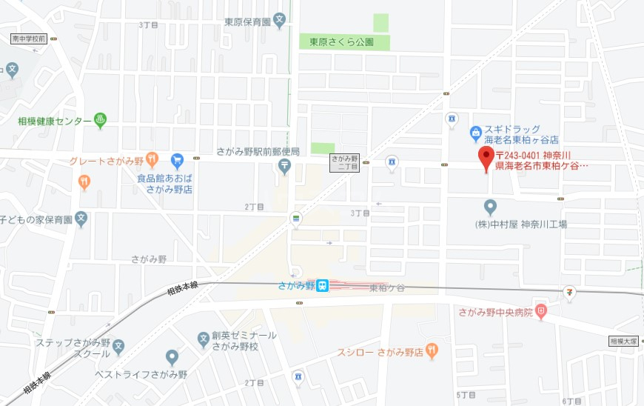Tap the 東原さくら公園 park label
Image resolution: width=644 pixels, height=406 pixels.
click(342, 42)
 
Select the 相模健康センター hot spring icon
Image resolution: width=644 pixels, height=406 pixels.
click(100, 120)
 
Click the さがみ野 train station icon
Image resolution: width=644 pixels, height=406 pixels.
click(322, 286)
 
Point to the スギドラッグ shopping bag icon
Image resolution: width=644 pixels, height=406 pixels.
click(476, 134)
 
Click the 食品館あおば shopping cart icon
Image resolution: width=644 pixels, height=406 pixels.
click(177, 159)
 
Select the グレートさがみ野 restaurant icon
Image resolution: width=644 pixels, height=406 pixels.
click(152, 159)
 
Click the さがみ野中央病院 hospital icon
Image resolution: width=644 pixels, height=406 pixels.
click(541, 312)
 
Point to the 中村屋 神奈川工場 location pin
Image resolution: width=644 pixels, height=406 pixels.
click(490, 207)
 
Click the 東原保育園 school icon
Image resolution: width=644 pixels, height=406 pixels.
click(280, 21)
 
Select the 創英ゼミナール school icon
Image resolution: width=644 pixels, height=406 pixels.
click(203, 340)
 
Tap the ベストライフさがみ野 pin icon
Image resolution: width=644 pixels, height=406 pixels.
click(172, 358)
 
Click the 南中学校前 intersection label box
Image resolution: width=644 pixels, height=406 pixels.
click(29, 39)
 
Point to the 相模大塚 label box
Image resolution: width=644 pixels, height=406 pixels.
click(623, 342)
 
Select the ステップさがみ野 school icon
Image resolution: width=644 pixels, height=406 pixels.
click(118, 346)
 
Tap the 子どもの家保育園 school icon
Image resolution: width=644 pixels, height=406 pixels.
click(81, 219)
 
